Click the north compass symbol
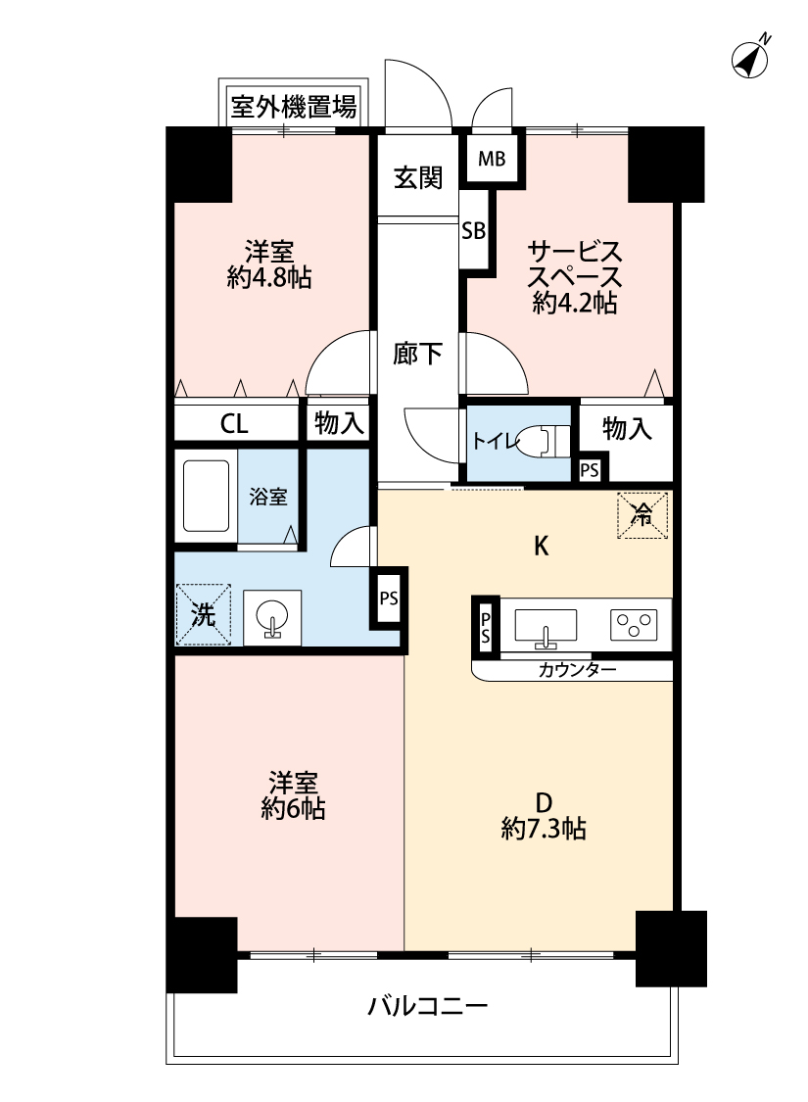749,59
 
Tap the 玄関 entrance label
418,178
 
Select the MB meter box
492,159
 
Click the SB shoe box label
474,230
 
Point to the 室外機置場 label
294,107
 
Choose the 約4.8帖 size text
269,278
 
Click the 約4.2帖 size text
575,303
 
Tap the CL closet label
234,424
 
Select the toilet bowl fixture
544,441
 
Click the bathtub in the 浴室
206,496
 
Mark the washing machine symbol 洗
203,614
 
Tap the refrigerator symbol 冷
642,516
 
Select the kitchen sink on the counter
546,626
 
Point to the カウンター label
577,670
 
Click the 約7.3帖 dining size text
544,830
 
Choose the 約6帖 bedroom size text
293,809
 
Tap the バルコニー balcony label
428,1006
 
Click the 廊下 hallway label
417,354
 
